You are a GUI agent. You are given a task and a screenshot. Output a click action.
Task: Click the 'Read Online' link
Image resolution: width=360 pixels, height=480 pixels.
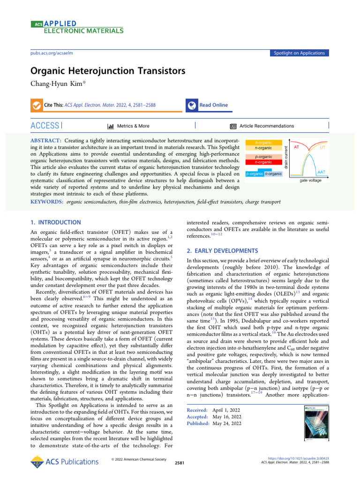[x=213, y=105]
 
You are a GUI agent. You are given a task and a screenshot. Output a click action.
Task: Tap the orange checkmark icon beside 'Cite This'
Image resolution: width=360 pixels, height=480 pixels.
[x=35, y=105]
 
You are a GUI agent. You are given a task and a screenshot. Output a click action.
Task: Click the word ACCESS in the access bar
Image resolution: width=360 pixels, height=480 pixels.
[x=45, y=126]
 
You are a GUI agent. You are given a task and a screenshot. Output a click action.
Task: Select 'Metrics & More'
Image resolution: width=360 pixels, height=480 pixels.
[x=133, y=126]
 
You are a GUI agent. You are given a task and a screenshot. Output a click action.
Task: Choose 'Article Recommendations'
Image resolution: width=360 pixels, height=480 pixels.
[x=266, y=126]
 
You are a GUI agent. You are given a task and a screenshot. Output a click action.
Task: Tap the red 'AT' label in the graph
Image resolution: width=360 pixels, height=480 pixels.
[x=297, y=147]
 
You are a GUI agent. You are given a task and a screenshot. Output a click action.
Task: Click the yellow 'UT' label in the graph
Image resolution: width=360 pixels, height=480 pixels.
[x=323, y=147]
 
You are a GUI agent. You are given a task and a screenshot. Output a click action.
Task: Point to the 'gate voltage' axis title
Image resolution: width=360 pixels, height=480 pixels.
[x=311, y=180]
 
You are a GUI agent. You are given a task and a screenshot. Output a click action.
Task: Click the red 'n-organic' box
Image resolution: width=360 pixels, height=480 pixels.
[x=263, y=162]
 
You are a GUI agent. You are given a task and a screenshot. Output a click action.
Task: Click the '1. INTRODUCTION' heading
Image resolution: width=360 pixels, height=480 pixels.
[x=55, y=222]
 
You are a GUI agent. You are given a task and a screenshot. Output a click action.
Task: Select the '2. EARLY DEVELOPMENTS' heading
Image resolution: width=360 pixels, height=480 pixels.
[x=215, y=251]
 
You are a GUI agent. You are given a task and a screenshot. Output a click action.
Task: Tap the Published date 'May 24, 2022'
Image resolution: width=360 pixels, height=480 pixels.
[x=227, y=423]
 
